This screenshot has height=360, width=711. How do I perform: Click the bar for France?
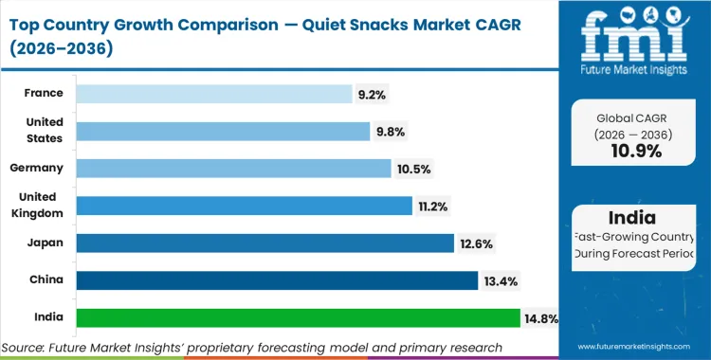213,94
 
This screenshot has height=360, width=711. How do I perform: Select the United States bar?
223,131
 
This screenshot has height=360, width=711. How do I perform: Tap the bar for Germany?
233,168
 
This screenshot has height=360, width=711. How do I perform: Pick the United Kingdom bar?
244,206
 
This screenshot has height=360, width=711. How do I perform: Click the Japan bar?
264,243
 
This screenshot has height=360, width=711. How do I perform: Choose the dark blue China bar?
277,280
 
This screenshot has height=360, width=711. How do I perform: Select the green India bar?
298,317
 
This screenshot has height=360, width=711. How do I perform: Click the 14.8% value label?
540,317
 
